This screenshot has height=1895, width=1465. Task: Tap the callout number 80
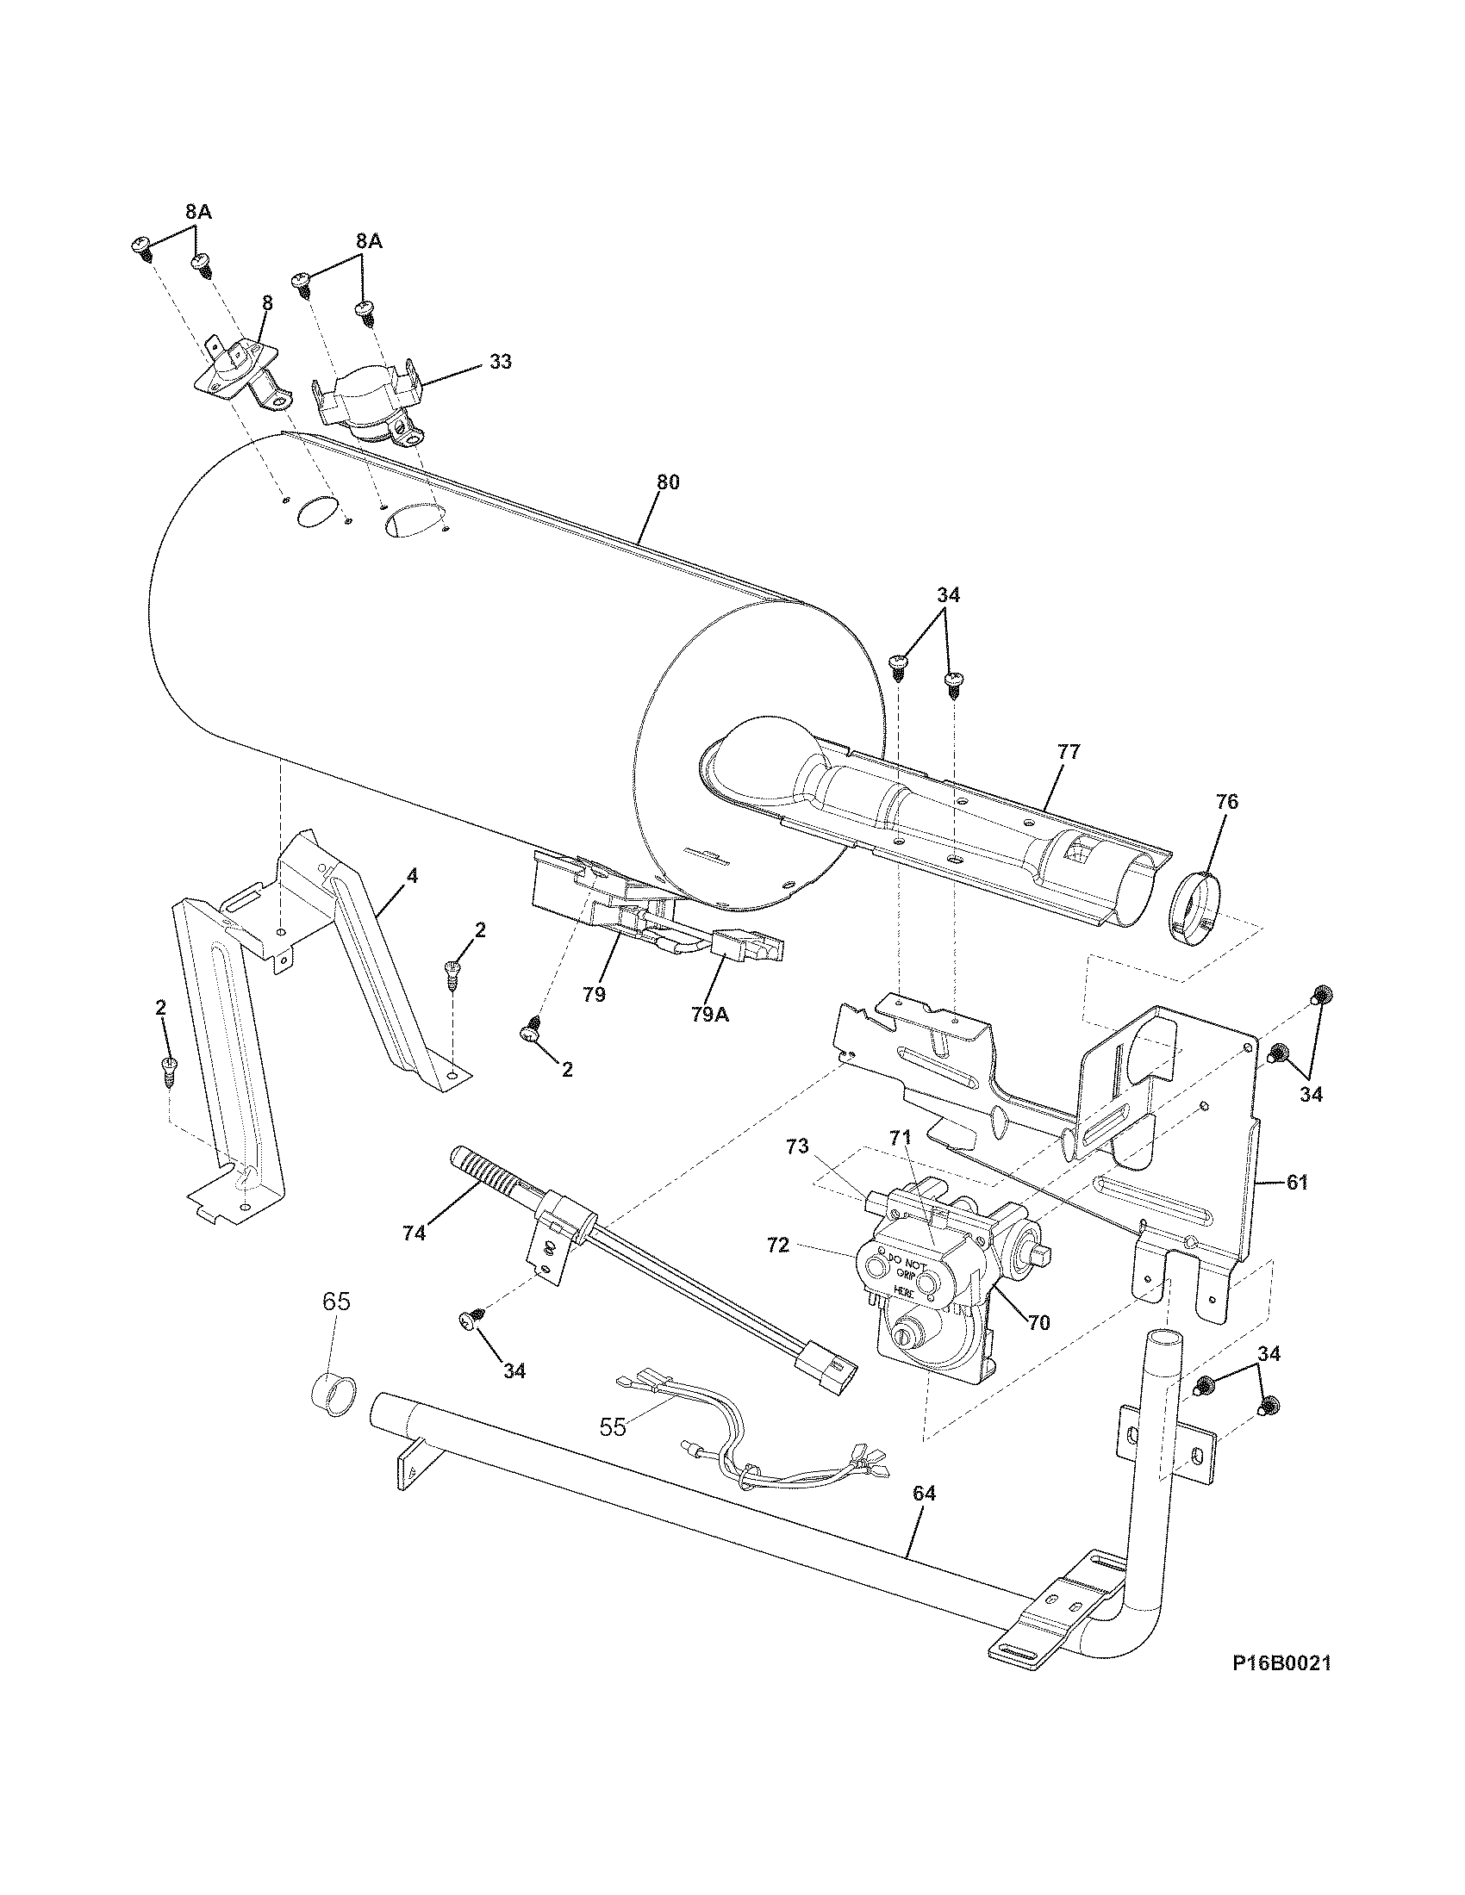tap(667, 483)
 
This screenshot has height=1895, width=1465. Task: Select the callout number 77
tap(1069, 752)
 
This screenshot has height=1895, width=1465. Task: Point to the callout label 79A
tap(709, 1014)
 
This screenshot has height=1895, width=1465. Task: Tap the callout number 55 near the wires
tap(613, 1427)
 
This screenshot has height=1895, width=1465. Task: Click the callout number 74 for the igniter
tap(414, 1232)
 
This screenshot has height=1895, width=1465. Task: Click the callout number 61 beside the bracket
tap(1297, 1182)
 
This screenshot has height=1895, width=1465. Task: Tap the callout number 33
tap(500, 362)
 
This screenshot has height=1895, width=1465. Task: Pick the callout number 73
tap(797, 1146)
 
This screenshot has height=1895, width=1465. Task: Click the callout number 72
tap(777, 1246)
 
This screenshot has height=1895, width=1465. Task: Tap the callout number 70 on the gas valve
tap(1039, 1323)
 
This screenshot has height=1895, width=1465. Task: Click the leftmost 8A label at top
tap(197, 211)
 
